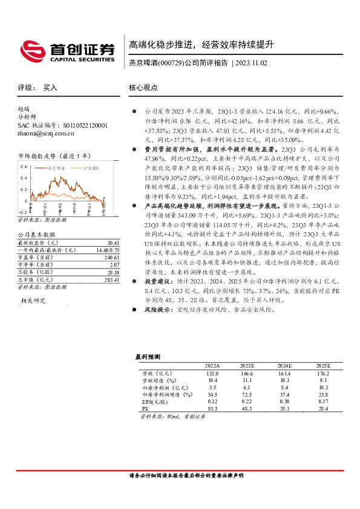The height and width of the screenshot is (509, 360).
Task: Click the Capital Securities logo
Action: pyautogui.click(x=67, y=51)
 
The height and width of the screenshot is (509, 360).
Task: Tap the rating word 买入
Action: pyautogui.click(x=50, y=87)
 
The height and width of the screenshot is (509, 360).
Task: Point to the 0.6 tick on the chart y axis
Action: pyautogui.click(x=24, y=166)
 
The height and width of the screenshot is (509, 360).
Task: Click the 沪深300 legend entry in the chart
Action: pyautogui.click(x=91, y=167)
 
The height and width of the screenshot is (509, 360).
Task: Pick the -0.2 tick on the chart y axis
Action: pyautogui.click(x=22, y=213)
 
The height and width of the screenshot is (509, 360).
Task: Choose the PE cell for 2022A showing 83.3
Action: pyautogui.click(x=212, y=409)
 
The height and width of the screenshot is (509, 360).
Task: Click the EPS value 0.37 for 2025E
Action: pyautogui.click(x=323, y=401)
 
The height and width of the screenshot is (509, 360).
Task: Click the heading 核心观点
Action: pyautogui.click(x=143, y=87)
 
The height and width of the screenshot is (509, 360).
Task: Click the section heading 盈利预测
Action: pyautogui.click(x=148, y=357)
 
